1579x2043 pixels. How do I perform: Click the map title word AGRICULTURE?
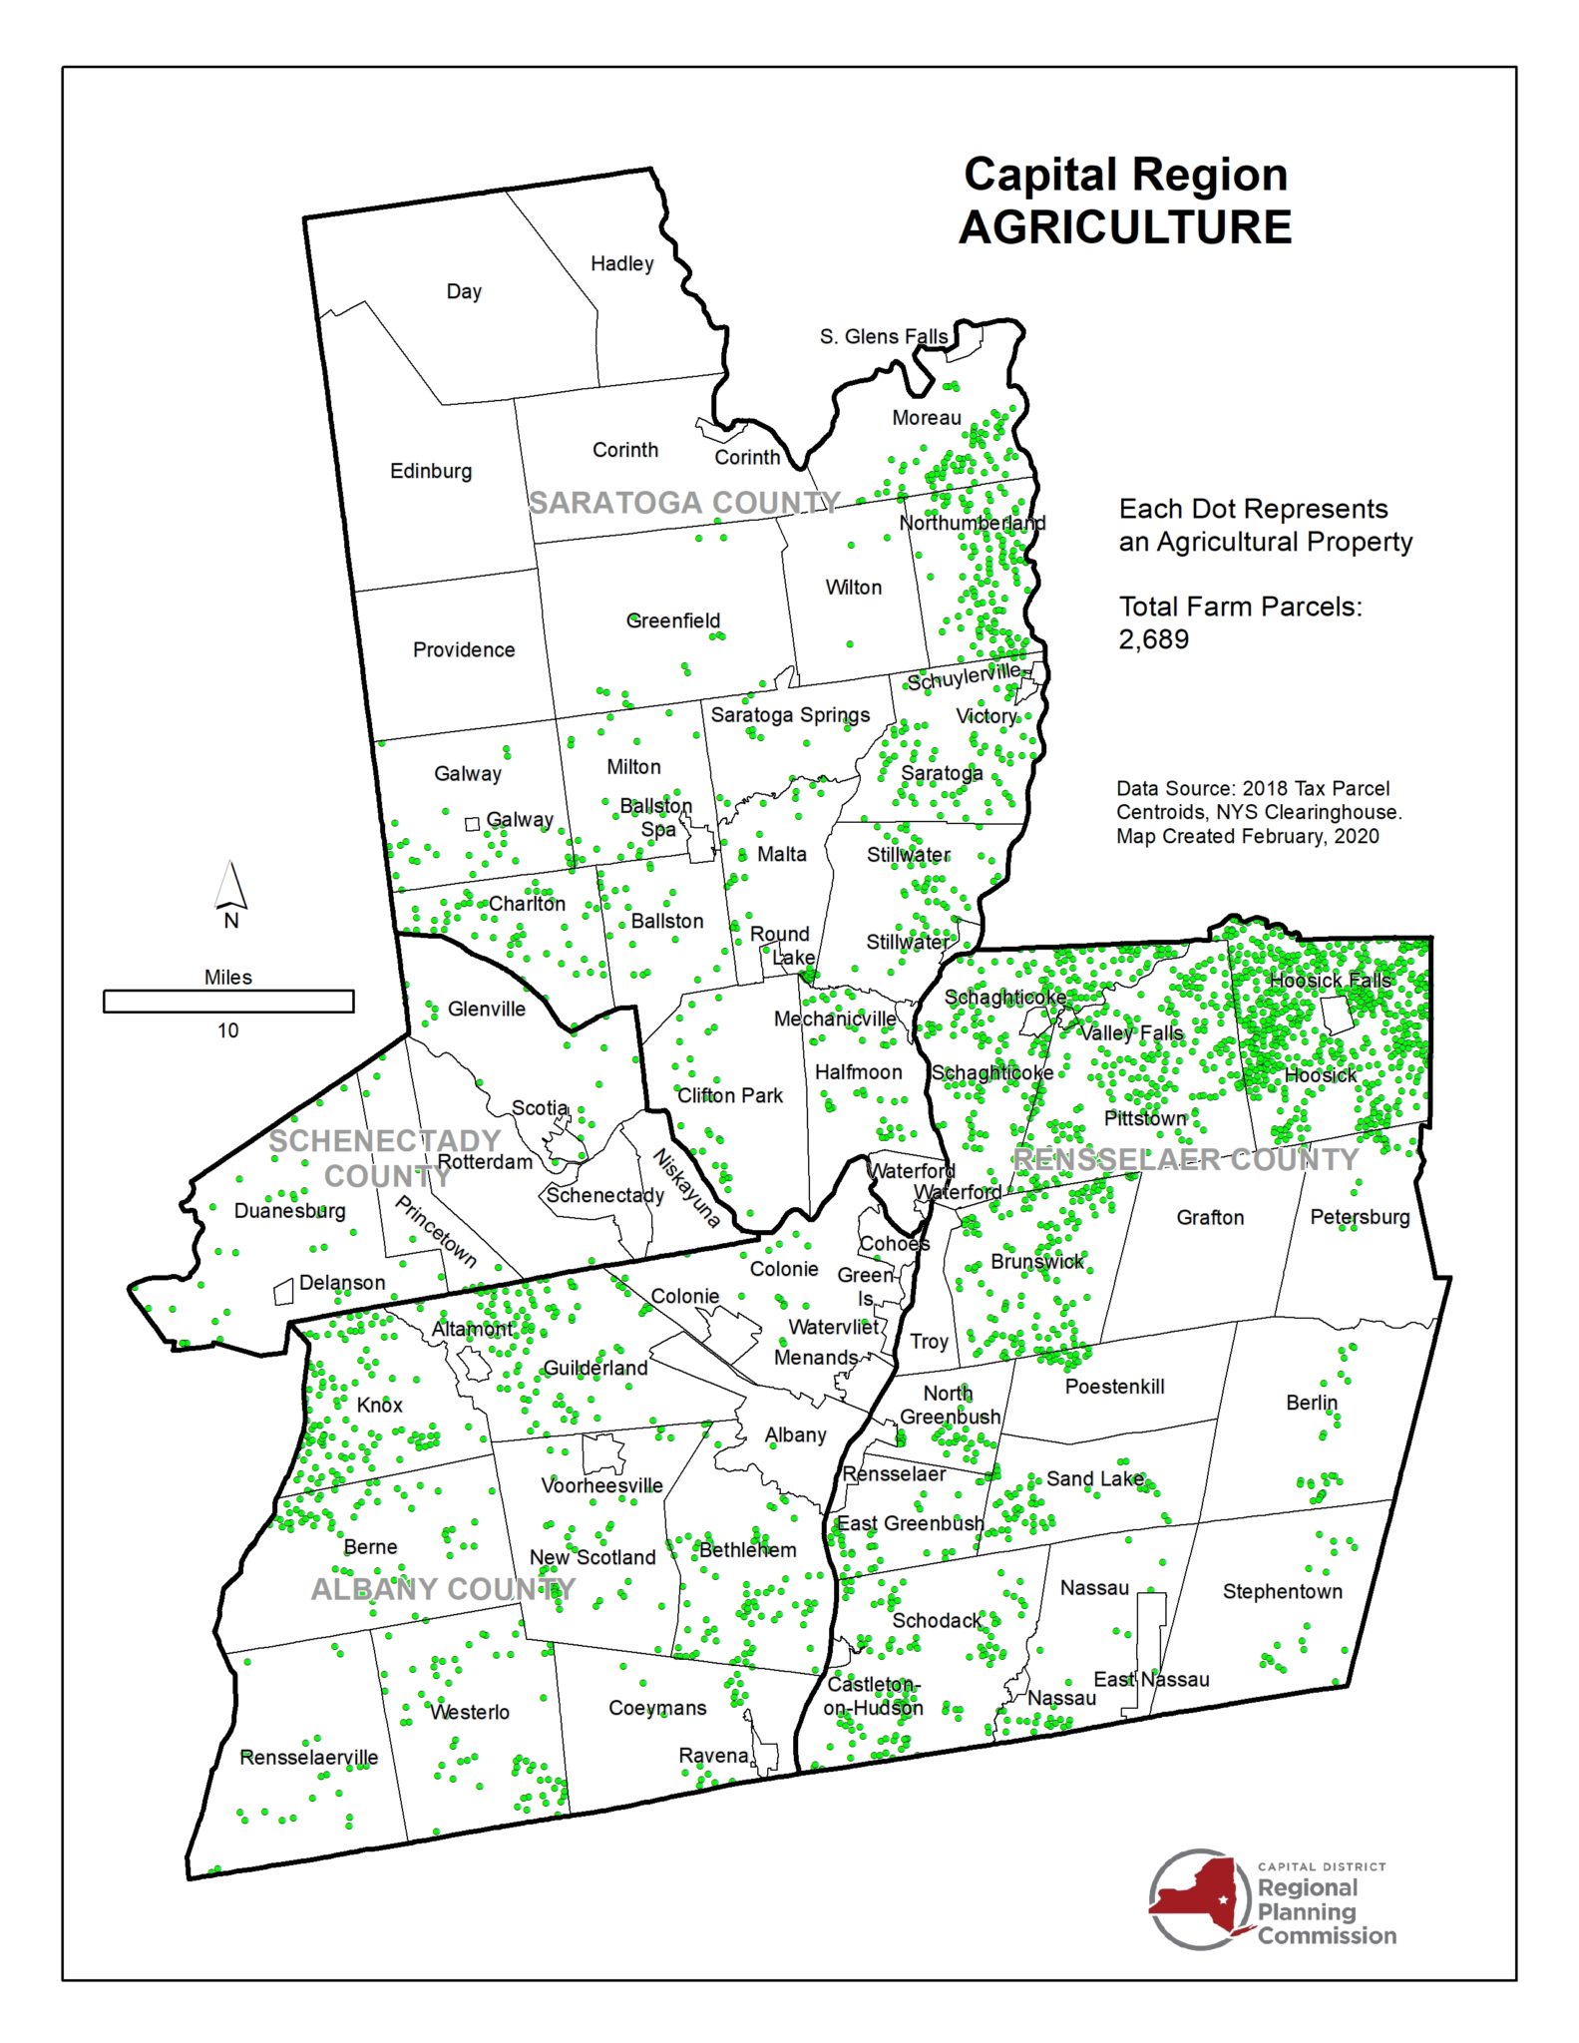[1124, 227]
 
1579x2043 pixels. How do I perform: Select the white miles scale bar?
[228, 1001]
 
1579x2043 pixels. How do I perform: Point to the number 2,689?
[1153, 639]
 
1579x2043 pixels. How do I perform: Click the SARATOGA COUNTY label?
[684, 503]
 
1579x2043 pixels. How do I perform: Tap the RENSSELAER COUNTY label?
[1186, 1159]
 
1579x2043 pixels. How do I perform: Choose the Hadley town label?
[621, 263]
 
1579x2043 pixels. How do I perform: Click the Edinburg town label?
[430, 471]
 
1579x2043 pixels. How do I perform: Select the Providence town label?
[464, 650]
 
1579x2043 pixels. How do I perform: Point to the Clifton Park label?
[730, 1095]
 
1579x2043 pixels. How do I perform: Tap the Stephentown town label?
[1282, 1591]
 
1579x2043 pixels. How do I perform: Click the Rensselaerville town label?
[308, 1757]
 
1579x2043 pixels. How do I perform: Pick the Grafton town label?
[1210, 1217]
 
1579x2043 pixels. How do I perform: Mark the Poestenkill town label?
[1114, 1387]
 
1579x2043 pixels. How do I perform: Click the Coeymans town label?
[657, 1708]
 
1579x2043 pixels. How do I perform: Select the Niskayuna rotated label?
[686, 1187]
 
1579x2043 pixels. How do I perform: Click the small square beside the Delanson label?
[284, 1292]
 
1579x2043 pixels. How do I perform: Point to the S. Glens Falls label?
[883, 336]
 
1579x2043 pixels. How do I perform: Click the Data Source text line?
[1252, 788]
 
